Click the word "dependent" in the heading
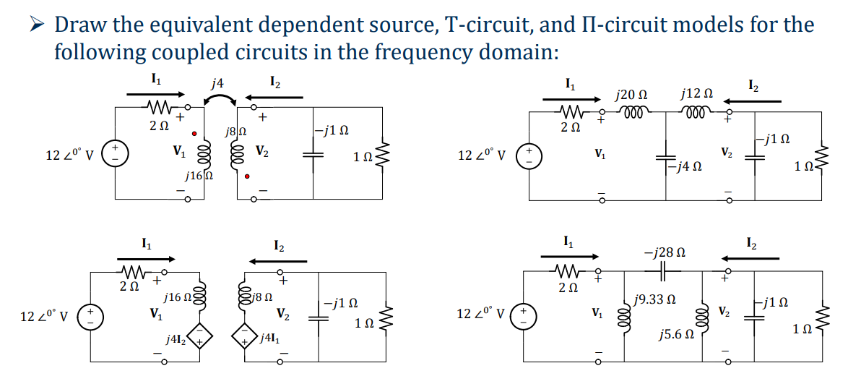point(315,25)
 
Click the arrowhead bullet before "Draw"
point(35,25)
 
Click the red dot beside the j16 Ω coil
point(194,134)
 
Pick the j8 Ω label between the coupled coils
point(237,132)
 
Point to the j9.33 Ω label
point(654,299)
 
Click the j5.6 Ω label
point(675,336)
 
